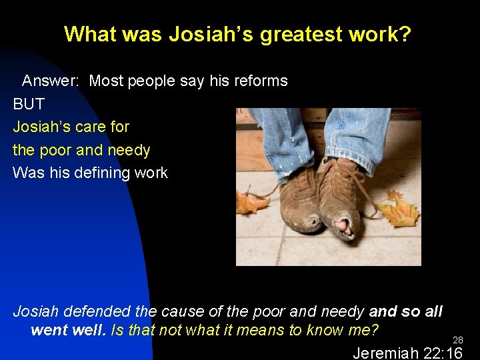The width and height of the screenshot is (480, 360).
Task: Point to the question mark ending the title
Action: (406, 34)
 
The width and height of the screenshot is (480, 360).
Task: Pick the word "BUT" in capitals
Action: (29, 104)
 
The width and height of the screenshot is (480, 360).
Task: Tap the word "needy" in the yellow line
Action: (129, 150)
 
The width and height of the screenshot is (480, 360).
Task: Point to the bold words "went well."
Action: (68, 330)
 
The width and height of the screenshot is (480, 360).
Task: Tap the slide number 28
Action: (458, 340)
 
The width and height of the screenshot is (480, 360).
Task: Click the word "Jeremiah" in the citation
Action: (386, 353)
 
